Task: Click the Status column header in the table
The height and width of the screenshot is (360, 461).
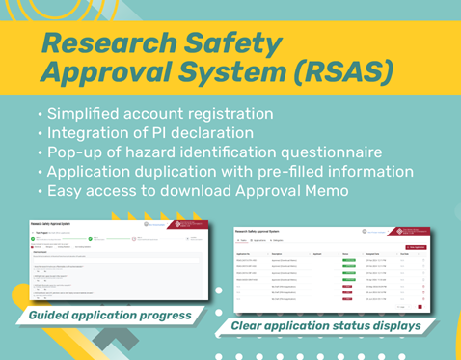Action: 344,254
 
